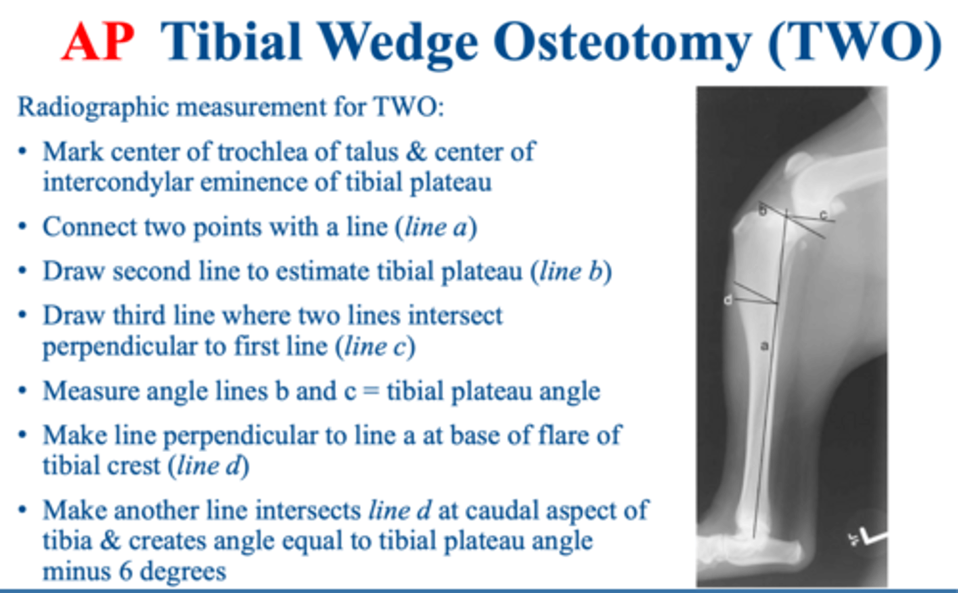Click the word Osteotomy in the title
pyautogui.click(x=620, y=41)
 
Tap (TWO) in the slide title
pyautogui.click(x=854, y=41)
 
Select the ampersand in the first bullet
pyautogui.click(x=416, y=152)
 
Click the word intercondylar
pyautogui.click(x=117, y=182)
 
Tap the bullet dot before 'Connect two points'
pyautogui.click(x=23, y=227)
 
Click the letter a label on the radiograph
pyautogui.click(x=764, y=345)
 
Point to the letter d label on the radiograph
pyautogui.click(x=728, y=300)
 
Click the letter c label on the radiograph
pyautogui.click(x=824, y=215)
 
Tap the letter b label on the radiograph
pyautogui.click(x=763, y=211)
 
